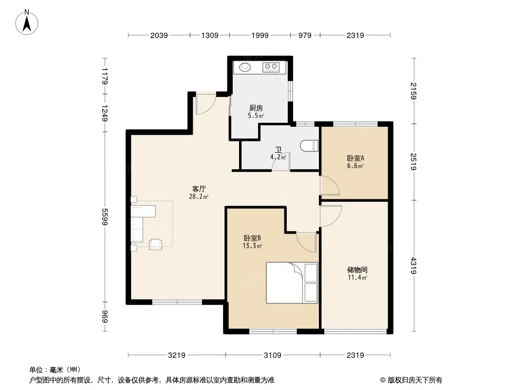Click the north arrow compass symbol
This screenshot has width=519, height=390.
[x=27, y=22]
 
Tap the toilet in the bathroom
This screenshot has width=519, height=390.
[x=309, y=145]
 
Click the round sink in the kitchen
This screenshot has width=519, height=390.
[x=245, y=67]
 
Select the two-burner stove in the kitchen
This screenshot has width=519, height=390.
[x=271, y=67]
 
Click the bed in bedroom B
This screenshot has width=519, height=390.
[x=292, y=283]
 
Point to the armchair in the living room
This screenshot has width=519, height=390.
[x=156, y=244]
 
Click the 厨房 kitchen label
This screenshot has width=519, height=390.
[x=256, y=108]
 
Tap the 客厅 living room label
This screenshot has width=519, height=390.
[x=199, y=189]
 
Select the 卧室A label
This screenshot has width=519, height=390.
[x=355, y=158]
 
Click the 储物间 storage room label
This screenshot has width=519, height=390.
[x=357, y=270]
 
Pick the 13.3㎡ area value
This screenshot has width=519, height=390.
[x=252, y=246]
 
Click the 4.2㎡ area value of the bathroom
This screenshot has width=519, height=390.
[x=278, y=157]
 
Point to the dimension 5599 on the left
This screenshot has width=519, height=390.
[x=105, y=217]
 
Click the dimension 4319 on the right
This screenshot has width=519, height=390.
[x=413, y=265]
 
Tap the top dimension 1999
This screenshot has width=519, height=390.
[x=260, y=35]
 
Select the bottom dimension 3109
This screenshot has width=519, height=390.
[x=273, y=355]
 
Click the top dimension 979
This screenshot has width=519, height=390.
[x=305, y=35]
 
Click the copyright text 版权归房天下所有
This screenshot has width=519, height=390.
[x=415, y=380]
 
